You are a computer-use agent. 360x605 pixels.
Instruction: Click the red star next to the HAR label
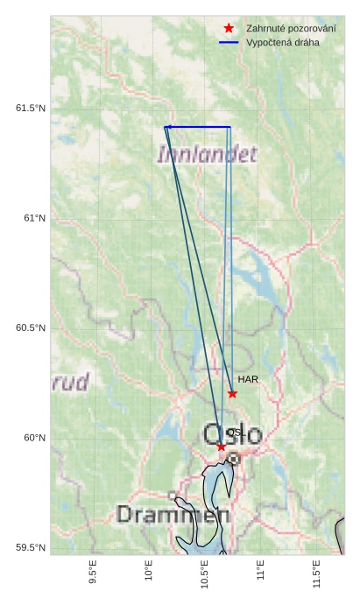click(232, 393)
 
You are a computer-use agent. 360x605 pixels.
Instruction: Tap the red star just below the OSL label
click(221, 447)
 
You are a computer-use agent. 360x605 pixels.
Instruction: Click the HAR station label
click(248, 379)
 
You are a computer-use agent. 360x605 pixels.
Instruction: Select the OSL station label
click(235, 433)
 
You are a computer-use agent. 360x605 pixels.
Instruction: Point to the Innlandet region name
click(208, 155)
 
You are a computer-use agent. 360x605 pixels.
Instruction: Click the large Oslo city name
click(232, 433)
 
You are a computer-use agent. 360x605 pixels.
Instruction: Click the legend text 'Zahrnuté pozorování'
click(291, 29)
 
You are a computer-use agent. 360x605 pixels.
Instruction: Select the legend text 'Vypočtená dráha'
click(283, 42)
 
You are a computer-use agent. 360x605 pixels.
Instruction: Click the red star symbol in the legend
click(229, 29)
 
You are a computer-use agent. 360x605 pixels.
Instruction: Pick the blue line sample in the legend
click(229, 42)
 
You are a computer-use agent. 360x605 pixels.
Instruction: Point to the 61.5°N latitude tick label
click(31, 109)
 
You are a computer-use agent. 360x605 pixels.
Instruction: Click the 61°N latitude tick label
click(34, 218)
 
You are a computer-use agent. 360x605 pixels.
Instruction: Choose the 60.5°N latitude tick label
click(31, 328)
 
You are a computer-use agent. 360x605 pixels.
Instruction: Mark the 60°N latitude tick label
click(34, 438)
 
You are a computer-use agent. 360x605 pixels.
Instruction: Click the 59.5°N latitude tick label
click(31, 548)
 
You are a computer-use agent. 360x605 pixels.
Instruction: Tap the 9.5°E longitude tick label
click(93, 573)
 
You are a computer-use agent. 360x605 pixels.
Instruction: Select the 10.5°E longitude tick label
click(204, 575)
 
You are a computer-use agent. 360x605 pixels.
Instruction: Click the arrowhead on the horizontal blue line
click(167, 128)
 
